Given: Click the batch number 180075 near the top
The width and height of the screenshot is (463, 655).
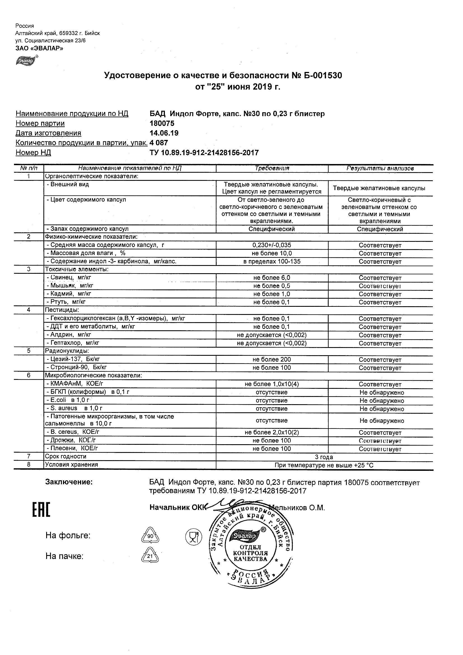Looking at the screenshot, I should point(162,123).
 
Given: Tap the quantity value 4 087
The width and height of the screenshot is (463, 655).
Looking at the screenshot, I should point(159,143).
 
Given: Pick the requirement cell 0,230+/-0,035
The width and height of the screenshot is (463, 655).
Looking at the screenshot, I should point(272,245).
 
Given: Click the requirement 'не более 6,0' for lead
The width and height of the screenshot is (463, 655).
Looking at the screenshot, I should point(272,278).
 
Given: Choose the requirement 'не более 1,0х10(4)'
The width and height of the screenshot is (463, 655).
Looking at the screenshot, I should point(272,384).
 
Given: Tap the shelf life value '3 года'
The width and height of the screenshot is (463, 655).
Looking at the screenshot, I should point(324,457).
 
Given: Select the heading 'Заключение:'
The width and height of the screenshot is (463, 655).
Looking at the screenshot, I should point(69,482).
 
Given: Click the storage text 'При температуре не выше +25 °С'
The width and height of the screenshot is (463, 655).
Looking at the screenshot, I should point(324,465).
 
